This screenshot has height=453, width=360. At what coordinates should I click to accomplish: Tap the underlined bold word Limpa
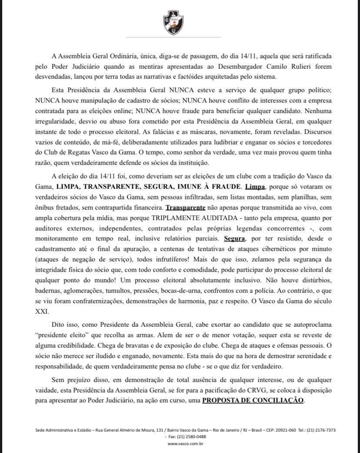[255, 186]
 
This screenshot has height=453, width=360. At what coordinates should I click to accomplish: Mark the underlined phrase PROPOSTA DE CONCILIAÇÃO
[253, 399]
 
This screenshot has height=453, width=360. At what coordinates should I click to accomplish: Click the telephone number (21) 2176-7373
[321, 430]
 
